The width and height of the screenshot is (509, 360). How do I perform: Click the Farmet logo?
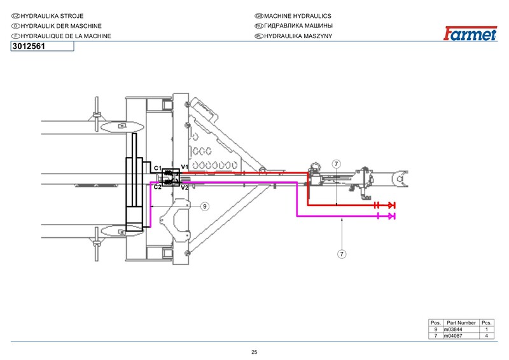[470, 33]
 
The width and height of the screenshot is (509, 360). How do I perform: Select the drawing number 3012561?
[29, 46]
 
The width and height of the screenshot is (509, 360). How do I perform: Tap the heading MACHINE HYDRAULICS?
[298, 16]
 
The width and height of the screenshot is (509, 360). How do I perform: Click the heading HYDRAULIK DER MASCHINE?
[61, 26]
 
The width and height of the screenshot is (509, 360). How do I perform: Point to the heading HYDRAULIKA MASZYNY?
[298, 36]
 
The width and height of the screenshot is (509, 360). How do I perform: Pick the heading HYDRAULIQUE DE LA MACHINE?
[66, 36]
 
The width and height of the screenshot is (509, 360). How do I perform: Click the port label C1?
[157, 168]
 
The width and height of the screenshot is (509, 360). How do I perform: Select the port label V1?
[185, 167]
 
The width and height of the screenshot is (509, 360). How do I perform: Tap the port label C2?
[157, 187]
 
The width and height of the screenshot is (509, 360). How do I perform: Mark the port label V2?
[185, 188]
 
